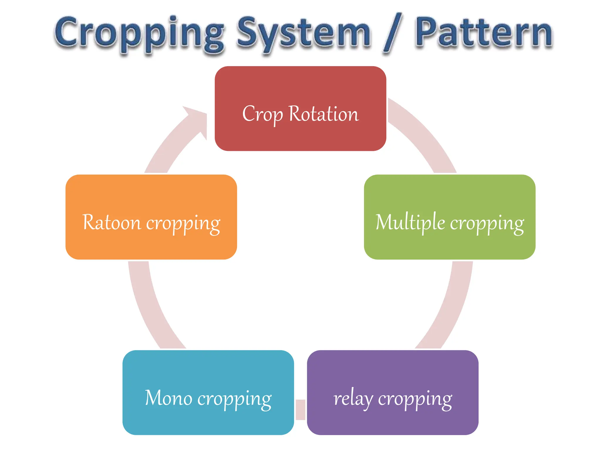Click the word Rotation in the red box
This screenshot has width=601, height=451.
click(x=324, y=114)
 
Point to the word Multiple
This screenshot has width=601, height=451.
click(x=410, y=222)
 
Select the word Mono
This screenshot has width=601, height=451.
click(x=169, y=398)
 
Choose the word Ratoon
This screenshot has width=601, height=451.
click(x=112, y=222)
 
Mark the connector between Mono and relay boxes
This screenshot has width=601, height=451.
click(x=300, y=409)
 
